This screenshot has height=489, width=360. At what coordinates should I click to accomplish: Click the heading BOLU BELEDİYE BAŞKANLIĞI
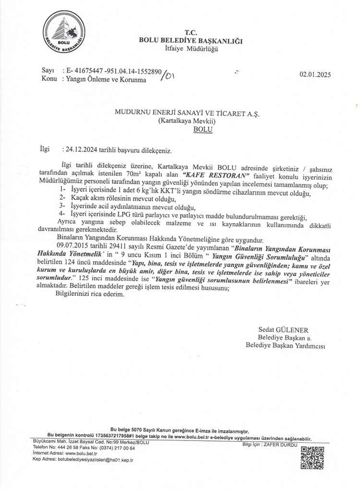[x=191, y=41]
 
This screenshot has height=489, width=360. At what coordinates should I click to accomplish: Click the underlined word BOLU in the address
[x=202, y=129]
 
